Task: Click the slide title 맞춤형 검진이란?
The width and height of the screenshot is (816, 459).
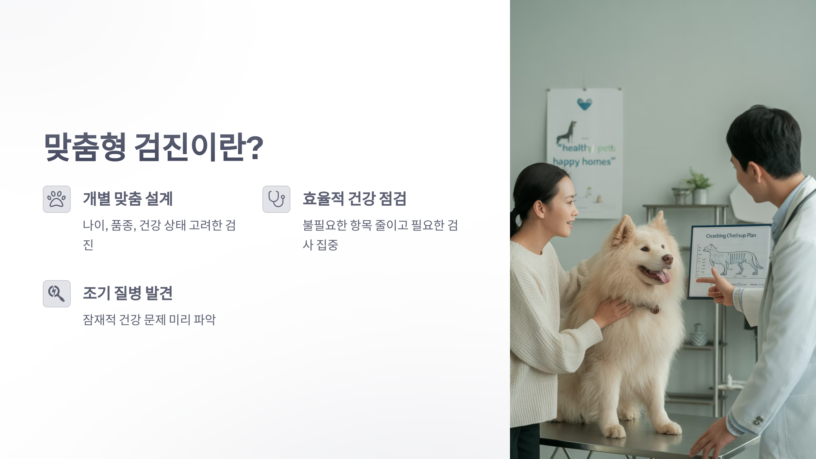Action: tap(154, 147)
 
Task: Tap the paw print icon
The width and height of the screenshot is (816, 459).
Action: tap(57, 199)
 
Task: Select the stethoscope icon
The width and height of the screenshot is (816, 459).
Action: tap(276, 199)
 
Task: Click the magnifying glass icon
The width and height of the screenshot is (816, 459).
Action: tap(57, 294)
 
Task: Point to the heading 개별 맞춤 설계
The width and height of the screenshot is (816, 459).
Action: tap(128, 199)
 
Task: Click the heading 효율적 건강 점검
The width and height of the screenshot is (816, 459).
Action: tap(354, 199)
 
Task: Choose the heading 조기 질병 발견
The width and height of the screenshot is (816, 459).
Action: tap(128, 293)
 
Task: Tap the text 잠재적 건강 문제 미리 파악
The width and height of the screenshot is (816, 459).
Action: tap(149, 320)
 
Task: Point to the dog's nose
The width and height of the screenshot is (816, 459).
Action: tap(667, 259)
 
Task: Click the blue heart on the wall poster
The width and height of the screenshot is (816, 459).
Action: tap(584, 104)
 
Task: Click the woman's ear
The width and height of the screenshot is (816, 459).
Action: tap(539, 208)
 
